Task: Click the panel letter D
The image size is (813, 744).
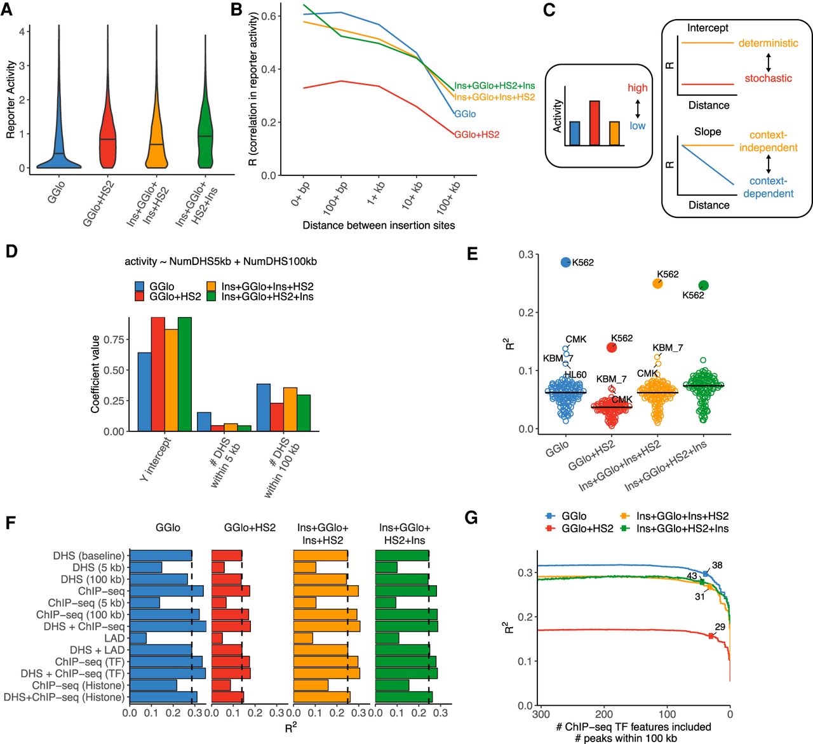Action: pos(11,251)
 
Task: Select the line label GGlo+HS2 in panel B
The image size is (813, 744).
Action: pos(476,135)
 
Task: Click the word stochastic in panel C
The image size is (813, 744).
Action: pos(768,78)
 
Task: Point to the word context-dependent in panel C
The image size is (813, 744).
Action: pos(768,187)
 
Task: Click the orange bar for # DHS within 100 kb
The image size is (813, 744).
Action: pos(290,409)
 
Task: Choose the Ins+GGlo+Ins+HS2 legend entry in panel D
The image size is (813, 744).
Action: pos(267,287)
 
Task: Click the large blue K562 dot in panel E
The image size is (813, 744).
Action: pos(566,262)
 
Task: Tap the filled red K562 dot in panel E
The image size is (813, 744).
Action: pos(612,347)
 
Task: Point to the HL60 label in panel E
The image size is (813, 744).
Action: pos(575,375)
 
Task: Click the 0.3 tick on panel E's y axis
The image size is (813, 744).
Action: pos(525,255)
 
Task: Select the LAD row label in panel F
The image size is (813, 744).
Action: pos(114,638)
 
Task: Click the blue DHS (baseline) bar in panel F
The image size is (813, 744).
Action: pos(160,556)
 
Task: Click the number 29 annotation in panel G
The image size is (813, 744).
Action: pos(720,627)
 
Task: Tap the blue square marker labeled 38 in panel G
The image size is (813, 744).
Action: pos(705,574)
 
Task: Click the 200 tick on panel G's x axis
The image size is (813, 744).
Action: pos(604,714)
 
